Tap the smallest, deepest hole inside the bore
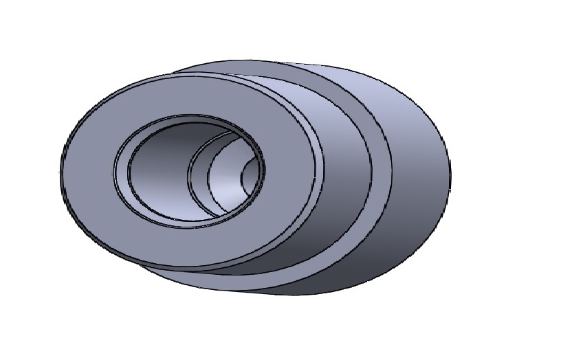point(252,180)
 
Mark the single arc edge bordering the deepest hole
point(241,180)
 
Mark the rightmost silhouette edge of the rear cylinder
point(451,172)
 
